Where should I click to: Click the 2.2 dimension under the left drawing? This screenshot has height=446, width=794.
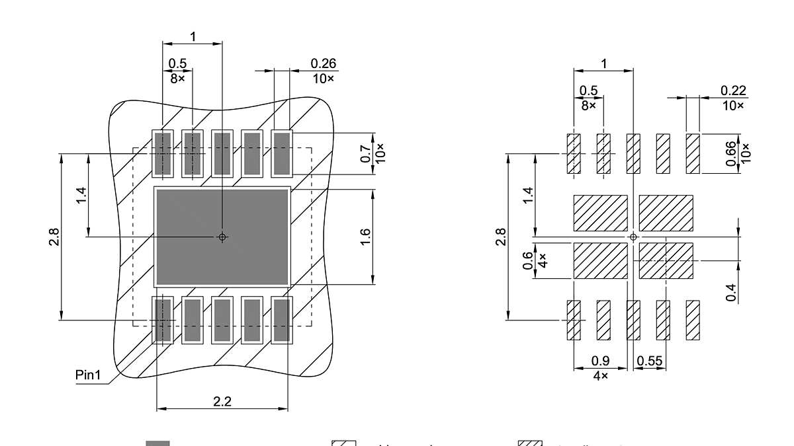tap(222, 401)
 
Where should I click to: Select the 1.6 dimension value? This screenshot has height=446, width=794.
tap(366, 237)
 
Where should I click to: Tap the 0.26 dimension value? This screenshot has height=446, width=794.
tap(324, 63)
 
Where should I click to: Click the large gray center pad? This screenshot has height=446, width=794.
tap(198, 218)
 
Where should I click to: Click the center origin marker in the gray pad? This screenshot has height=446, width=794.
tap(222, 237)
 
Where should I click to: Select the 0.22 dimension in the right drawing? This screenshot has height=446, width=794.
tap(732, 91)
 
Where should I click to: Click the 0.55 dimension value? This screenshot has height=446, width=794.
tap(650, 361)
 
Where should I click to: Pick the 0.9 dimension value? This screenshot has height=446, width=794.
tap(600, 361)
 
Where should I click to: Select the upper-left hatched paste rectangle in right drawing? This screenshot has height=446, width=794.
tap(600, 213)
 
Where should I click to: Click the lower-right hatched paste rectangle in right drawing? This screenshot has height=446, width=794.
tap(666, 260)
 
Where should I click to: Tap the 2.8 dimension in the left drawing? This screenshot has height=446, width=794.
tap(54, 237)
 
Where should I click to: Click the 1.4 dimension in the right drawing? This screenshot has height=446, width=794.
tap(527, 195)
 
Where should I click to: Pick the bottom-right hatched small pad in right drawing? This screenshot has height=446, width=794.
tap(693, 320)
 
